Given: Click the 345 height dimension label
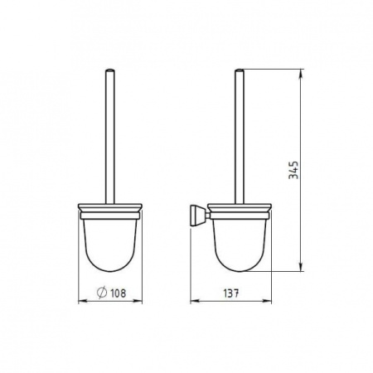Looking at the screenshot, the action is pos(293,170).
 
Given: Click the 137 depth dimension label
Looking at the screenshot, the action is pos(231,293).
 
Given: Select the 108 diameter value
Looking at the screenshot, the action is pos(118,293).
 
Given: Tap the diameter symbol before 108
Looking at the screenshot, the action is pos(102,293).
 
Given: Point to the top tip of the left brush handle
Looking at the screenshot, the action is pos(110,70).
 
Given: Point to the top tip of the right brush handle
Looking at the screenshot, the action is pos(240,70).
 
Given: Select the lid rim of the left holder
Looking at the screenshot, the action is pos(110,207).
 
